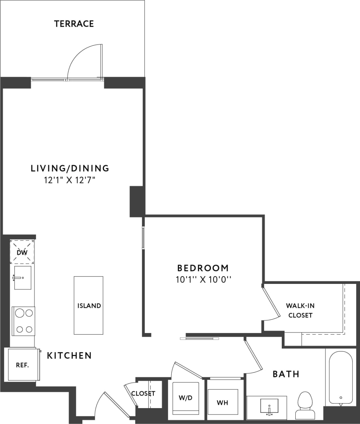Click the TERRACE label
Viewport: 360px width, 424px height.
74,24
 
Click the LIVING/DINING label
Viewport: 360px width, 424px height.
70,168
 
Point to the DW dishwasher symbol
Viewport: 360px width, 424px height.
22,252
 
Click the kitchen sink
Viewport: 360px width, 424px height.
23,278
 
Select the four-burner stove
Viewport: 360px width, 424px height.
23,321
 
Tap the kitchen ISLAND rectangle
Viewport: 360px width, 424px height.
89,306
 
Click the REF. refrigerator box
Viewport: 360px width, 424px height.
23,365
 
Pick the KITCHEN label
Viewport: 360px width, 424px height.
69,355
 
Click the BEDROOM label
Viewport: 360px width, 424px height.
203,268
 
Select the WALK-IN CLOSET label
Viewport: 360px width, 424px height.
300,310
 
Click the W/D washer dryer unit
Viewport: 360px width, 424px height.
186,398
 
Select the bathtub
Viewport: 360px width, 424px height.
340,377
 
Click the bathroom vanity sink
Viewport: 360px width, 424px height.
269,406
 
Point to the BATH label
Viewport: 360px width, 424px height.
286,374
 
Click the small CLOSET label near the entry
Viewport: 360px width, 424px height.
143,394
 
